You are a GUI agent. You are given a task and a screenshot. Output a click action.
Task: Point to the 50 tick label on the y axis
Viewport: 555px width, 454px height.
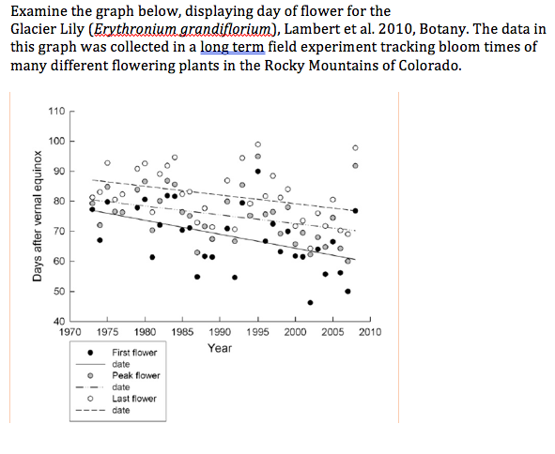point(58,292)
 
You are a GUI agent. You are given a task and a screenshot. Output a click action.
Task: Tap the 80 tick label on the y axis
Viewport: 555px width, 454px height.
point(58,202)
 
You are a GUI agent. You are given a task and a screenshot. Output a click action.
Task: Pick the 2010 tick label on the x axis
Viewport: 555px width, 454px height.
point(369,332)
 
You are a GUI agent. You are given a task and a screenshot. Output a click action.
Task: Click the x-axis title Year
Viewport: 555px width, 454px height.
point(220,348)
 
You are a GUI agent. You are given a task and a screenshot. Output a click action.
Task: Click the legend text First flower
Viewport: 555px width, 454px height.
point(134,353)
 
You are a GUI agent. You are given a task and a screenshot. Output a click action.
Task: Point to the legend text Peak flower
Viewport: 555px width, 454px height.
point(136,375)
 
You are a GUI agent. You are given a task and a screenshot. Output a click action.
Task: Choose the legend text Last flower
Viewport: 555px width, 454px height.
point(134,399)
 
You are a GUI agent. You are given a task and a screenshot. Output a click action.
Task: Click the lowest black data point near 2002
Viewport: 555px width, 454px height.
point(310,302)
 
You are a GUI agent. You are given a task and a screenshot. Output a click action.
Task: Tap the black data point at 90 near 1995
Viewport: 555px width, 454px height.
point(258,172)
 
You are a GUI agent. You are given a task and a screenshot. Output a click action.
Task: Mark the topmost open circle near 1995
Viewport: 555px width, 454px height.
point(258,143)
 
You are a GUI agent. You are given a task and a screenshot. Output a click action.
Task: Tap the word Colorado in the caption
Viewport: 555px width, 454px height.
point(427,67)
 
